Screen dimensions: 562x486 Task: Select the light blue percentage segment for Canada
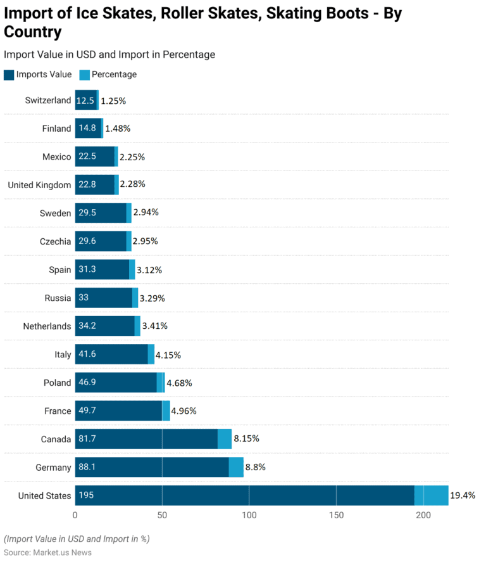click(225, 438)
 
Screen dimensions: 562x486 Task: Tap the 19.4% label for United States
click(463, 495)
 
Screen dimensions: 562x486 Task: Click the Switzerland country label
click(48, 100)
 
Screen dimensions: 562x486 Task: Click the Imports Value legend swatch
click(9, 75)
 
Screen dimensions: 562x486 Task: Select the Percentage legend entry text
click(114, 75)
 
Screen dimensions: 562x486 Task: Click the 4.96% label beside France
click(184, 411)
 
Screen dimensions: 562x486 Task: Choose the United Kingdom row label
click(39, 185)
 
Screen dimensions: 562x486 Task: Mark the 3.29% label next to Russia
click(152, 298)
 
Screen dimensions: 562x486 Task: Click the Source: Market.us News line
click(47, 552)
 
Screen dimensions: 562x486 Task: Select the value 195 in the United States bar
click(86, 495)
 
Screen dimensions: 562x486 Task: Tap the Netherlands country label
click(47, 326)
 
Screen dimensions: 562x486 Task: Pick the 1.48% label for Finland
click(118, 129)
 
